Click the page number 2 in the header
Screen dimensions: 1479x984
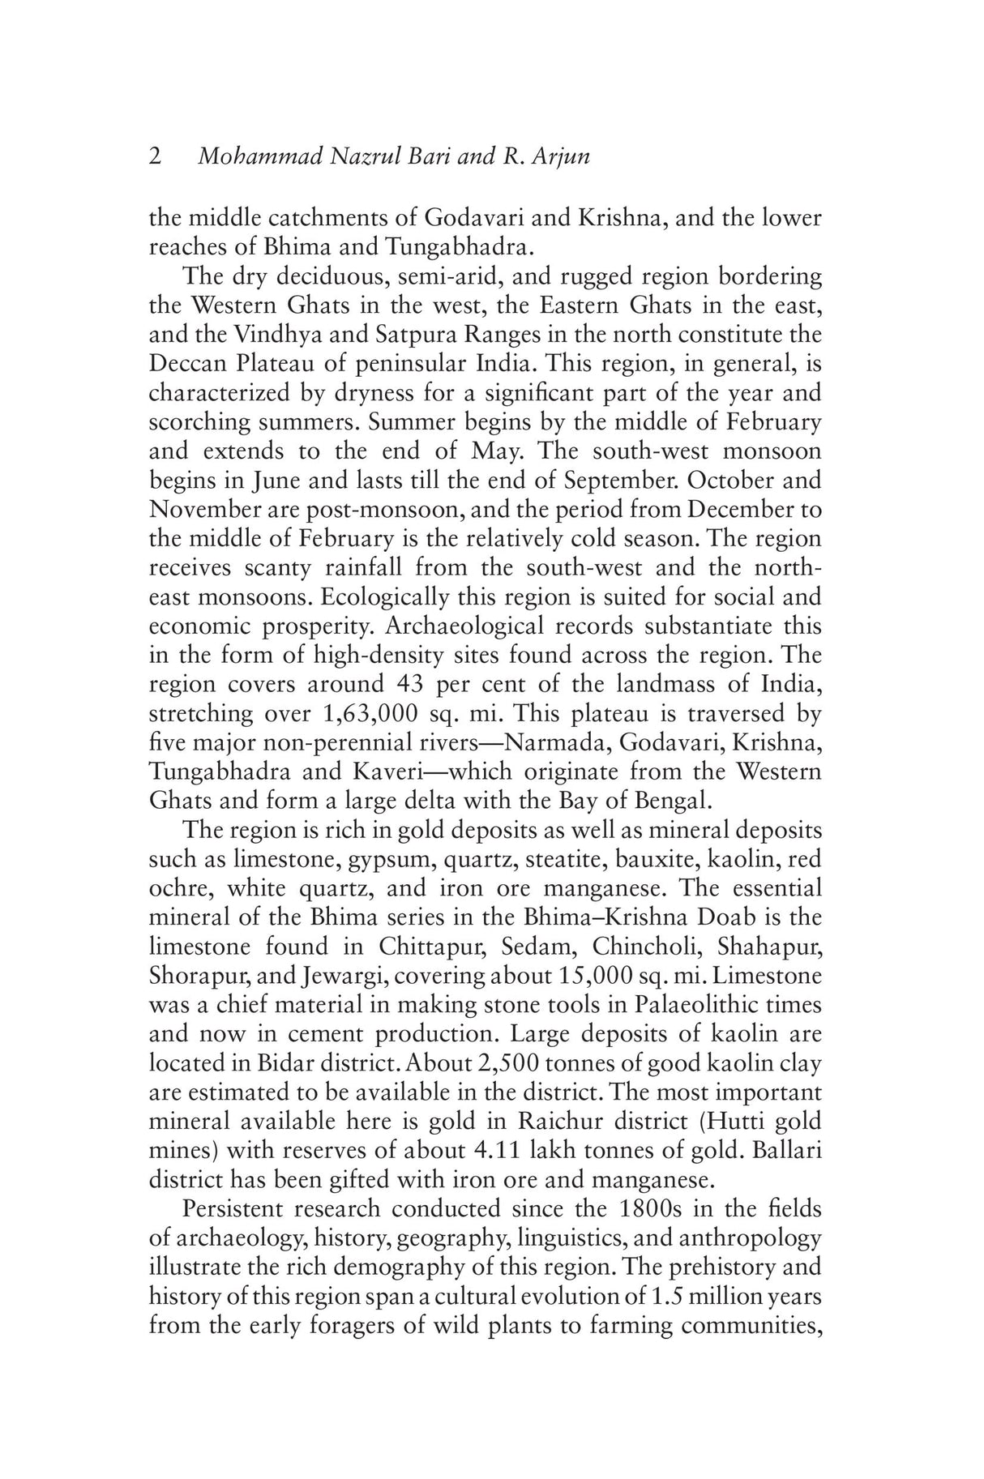tap(155, 156)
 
